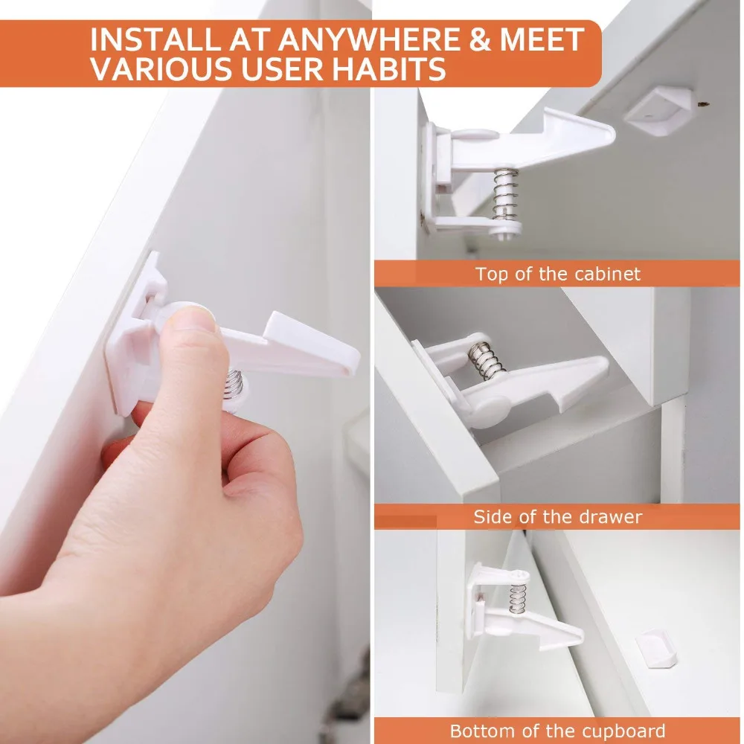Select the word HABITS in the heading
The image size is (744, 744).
[x=388, y=68]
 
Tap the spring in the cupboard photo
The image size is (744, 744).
[x=518, y=598]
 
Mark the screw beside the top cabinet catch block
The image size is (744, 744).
[x=703, y=101]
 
